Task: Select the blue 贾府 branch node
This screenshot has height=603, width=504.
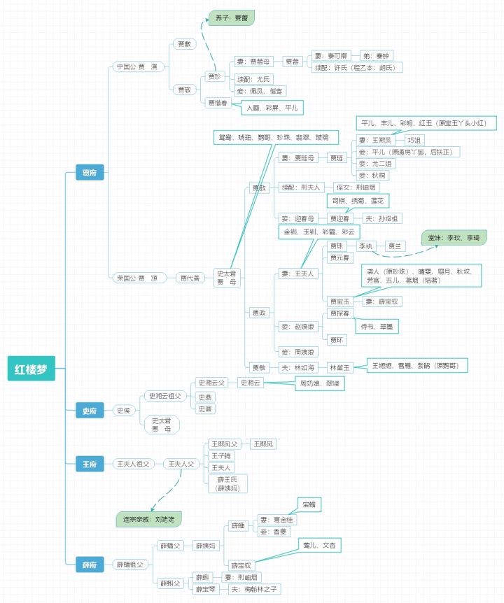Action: pyautogui.click(x=90, y=173)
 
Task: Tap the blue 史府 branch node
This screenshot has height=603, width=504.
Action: pyautogui.click(x=90, y=411)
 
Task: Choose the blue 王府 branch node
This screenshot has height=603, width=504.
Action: pyautogui.click(x=90, y=463)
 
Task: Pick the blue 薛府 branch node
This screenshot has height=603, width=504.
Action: pyautogui.click(x=90, y=564)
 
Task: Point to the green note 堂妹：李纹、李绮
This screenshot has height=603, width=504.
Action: pyautogui.click(x=454, y=238)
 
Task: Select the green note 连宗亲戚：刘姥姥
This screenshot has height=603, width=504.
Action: pyautogui.click(x=148, y=519)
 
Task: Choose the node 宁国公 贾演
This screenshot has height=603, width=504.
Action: pyautogui.click(x=137, y=66)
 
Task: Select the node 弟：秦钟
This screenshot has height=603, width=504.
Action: pyautogui.click(x=377, y=56)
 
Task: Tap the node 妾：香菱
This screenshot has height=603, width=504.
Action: pyautogui.click(x=274, y=531)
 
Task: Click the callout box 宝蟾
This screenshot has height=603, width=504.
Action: pyautogui.click(x=308, y=504)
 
